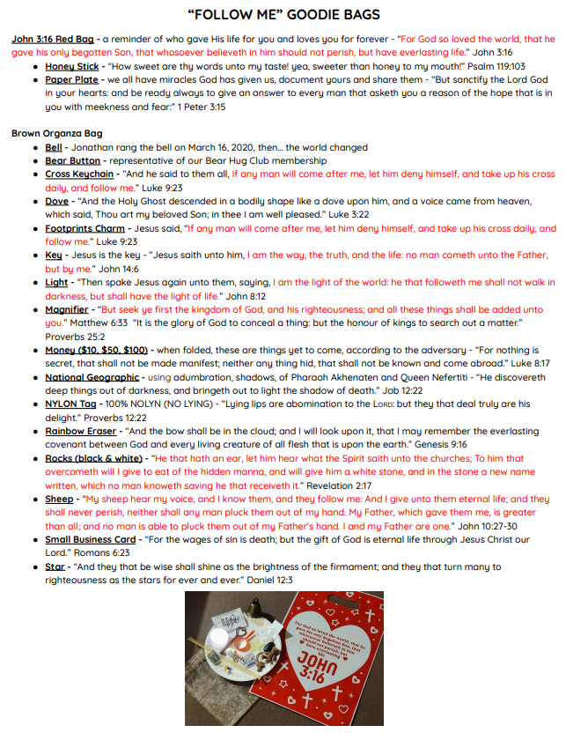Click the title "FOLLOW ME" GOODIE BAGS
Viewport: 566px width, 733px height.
(283, 15)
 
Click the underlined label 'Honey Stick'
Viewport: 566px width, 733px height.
(72, 66)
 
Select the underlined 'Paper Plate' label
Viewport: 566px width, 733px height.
(72, 79)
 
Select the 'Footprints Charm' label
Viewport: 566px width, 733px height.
(85, 228)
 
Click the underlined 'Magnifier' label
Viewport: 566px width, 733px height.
(67, 309)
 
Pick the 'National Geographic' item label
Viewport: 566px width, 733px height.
(92, 377)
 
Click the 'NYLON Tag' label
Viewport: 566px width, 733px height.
(70, 404)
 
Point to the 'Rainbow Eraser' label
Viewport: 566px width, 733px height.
(83, 431)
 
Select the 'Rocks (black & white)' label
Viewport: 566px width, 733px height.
(93, 458)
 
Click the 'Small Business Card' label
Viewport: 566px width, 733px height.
(91, 539)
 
